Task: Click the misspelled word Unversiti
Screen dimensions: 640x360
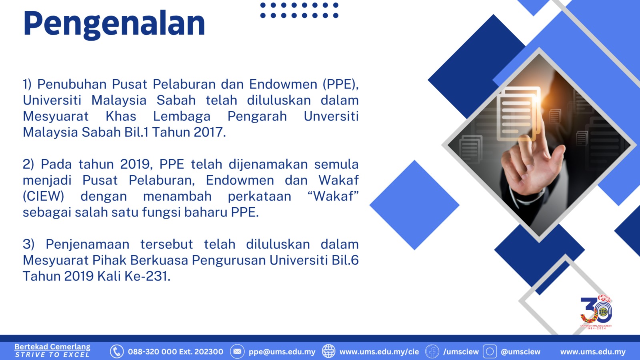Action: [331, 116]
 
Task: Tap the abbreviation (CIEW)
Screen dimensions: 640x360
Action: [44, 196]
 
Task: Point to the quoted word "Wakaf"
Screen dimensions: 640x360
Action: [333, 196]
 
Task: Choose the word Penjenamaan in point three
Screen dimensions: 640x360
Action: [88, 244]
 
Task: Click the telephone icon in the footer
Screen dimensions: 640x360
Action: [117, 352]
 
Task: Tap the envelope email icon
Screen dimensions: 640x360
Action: [237, 352]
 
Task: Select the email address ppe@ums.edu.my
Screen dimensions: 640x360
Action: [282, 352]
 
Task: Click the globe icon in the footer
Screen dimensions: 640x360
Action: [328, 352]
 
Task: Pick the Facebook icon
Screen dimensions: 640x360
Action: [432, 352]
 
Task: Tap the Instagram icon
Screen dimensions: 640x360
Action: [490, 352]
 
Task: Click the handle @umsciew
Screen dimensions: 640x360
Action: [520, 352]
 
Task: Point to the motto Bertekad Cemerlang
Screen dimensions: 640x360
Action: [52, 347]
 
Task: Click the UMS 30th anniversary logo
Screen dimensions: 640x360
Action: [596, 312]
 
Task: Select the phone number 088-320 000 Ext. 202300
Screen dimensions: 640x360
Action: [176, 352]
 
